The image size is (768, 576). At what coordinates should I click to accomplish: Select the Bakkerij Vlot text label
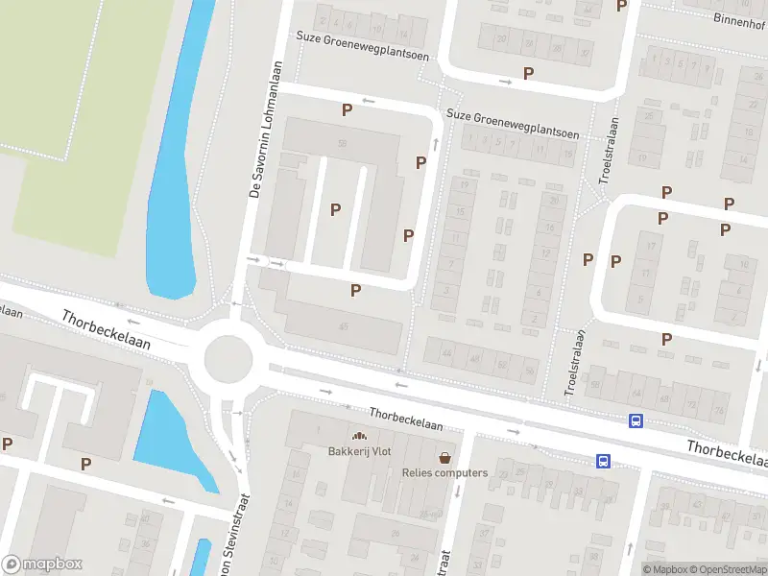[359, 451]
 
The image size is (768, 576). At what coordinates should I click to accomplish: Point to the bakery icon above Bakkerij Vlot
[360, 436]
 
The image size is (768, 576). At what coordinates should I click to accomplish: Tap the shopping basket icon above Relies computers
[444, 457]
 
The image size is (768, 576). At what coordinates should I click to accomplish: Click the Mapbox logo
[42, 564]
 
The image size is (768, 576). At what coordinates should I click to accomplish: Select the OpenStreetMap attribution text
[726, 569]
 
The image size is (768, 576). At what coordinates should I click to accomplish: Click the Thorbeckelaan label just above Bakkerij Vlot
[406, 419]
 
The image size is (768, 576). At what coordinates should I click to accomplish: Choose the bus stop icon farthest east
[636, 420]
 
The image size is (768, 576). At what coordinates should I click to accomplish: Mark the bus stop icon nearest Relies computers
[603, 461]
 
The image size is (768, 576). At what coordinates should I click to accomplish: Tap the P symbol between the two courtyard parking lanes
[335, 209]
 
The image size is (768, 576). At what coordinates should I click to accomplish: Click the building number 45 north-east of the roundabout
[343, 326]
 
